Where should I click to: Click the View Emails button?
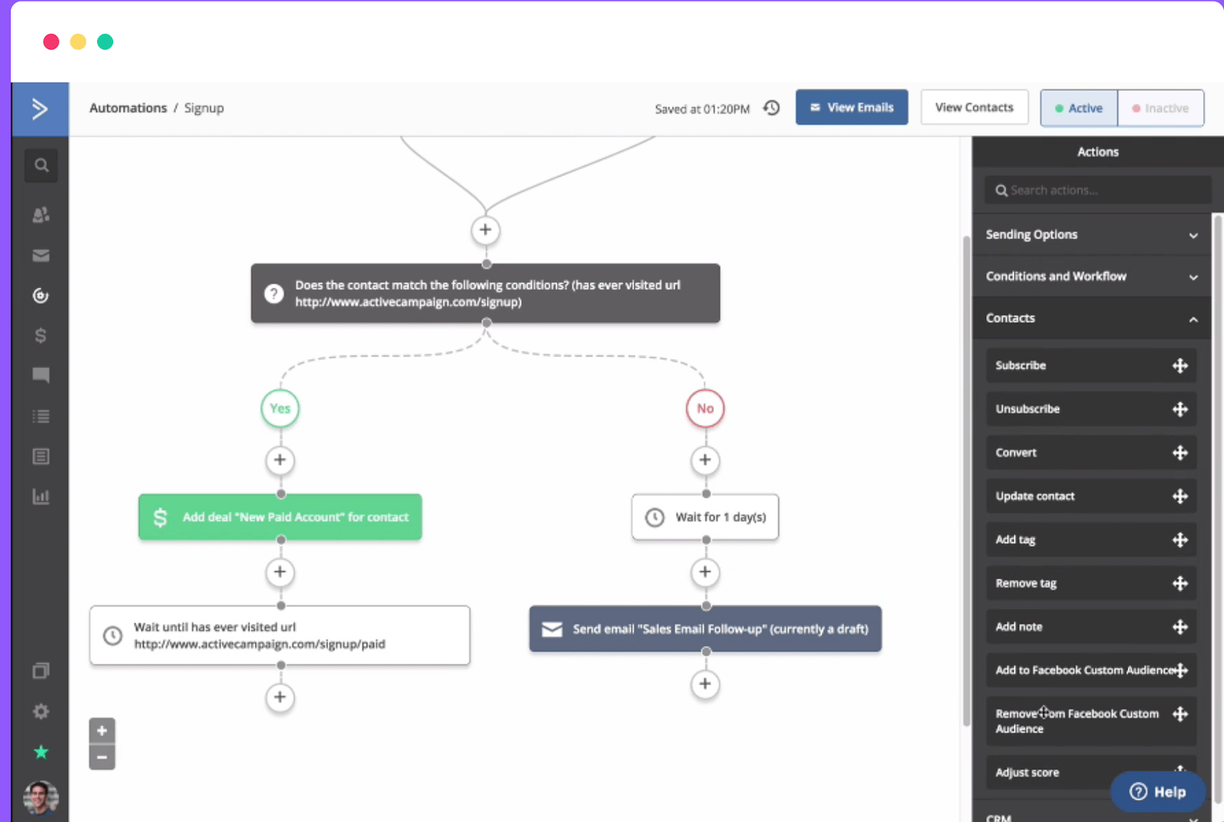click(x=851, y=108)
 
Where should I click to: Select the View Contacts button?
click(x=975, y=108)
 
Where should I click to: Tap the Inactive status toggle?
click(x=1161, y=108)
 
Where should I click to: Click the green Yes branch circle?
click(x=280, y=408)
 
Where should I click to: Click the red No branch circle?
click(x=705, y=408)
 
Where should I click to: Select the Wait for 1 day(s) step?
click(x=705, y=517)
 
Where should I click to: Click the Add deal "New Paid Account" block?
click(x=280, y=517)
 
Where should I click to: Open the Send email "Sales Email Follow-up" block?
click(x=705, y=629)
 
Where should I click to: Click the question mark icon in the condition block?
click(x=274, y=294)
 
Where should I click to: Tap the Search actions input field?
click(x=1097, y=190)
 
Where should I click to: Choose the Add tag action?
click(x=1091, y=540)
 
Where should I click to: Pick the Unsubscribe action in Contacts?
click(x=1091, y=409)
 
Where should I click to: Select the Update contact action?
click(x=1091, y=496)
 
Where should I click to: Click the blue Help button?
click(x=1158, y=791)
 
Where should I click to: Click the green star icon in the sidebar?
click(x=41, y=752)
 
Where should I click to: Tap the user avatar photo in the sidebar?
click(x=41, y=798)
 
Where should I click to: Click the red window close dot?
click(x=51, y=42)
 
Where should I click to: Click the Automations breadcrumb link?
click(x=128, y=108)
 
